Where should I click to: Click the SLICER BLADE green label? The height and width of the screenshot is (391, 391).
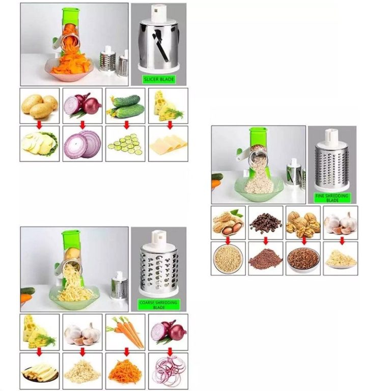point(159,79)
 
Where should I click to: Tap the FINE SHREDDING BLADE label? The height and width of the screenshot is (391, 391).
point(331,198)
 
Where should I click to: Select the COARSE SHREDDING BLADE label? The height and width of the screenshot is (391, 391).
point(159,305)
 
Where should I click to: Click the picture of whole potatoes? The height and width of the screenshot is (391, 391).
point(40,106)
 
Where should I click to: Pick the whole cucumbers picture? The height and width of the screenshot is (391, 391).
point(125,106)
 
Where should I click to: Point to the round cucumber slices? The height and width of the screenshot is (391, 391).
point(125,145)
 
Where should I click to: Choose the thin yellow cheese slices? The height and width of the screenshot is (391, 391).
point(169,144)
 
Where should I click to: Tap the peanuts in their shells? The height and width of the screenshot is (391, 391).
point(228,222)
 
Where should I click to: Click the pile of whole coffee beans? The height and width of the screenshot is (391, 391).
point(266,223)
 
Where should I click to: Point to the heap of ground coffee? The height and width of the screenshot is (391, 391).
point(266,259)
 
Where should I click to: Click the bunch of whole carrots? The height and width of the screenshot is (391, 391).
point(125,331)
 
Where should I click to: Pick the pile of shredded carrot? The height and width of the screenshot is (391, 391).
point(125,371)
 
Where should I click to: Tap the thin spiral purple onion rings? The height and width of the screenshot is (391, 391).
point(169,371)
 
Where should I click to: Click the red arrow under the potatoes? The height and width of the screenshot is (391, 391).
point(39,125)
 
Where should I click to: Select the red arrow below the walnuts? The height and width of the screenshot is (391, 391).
point(304,241)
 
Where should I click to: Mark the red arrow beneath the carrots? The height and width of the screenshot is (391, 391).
point(126,352)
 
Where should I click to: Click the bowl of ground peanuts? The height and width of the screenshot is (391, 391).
point(228,259)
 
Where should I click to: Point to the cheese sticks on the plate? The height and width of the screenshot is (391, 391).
point(40,373)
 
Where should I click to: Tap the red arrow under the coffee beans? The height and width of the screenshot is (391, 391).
point(266,241)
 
